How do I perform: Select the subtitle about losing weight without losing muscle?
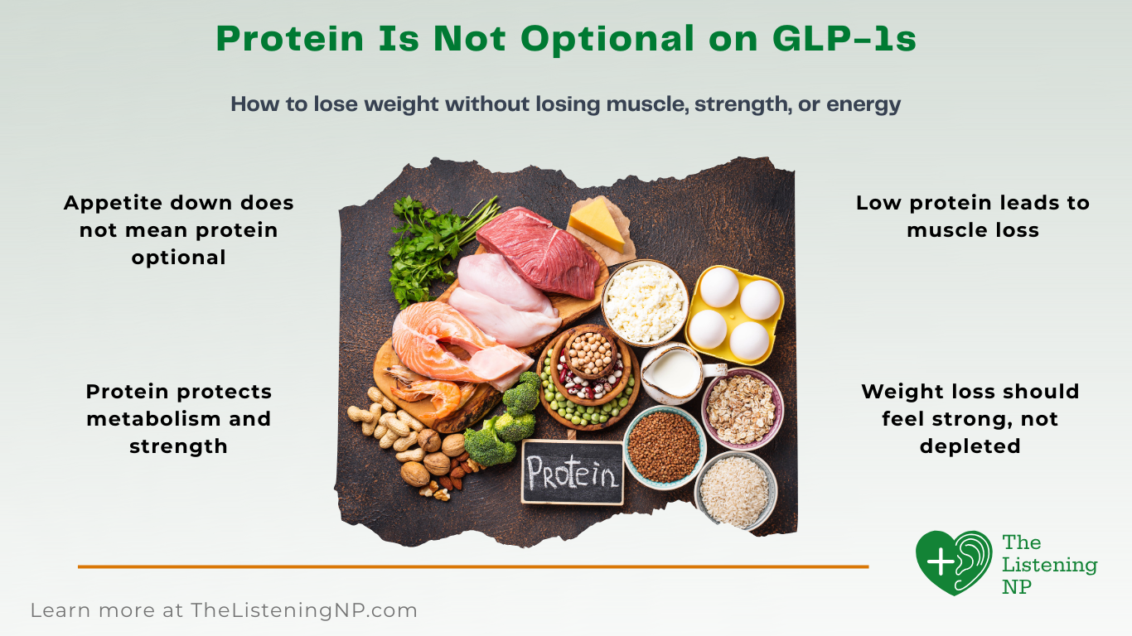(565, 104)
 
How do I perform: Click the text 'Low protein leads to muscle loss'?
(972, 216)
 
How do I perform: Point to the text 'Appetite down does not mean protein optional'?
(178, 229)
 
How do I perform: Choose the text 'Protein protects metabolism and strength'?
(178, 418)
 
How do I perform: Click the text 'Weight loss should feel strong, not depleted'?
(970, 418)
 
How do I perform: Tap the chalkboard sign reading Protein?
(572, 473)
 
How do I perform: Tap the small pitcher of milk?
(672, 373)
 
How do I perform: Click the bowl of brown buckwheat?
(663, 447)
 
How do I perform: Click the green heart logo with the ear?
(954, 562)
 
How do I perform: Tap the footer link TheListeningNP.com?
(303, 611)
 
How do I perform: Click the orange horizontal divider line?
(472, 566)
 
